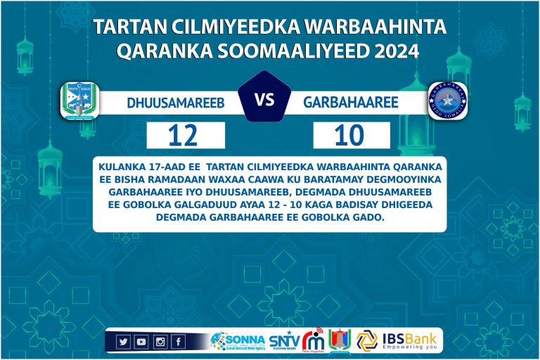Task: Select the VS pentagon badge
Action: tap(264, 101)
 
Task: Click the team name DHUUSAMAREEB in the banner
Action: tap(176, 103)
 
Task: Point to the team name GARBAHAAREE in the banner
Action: tap(351, 103)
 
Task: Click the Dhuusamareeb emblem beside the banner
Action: tap(79, 101)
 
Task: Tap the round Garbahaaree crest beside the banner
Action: tap(448, 101)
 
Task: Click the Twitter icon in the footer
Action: tap(124, 342)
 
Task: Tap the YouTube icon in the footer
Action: tap(141, 342)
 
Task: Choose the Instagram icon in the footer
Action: tap(160, 342)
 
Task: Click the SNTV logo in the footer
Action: tap(284, 341)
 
